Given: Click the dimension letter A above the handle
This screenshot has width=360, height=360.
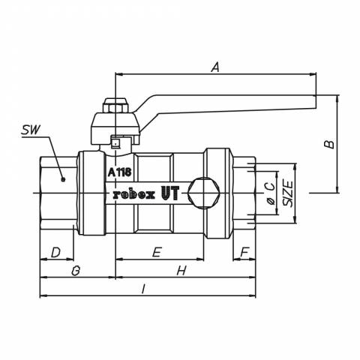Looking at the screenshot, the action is click(x=215, y=67).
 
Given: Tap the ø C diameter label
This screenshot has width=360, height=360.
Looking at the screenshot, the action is click(x=270, y=193).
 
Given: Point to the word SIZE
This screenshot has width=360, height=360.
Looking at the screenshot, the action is click(x=288, y=193).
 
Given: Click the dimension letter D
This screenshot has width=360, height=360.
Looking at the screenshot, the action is click(x=56, y=252).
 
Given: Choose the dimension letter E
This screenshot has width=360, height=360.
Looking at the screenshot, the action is click(x=157, y=252).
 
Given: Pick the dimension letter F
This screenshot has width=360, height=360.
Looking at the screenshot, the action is click(x=244, y=252).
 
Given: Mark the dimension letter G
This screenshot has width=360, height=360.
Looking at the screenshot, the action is click(x=76, y=271).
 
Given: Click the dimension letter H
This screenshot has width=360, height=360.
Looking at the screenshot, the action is click(x=181, y=271).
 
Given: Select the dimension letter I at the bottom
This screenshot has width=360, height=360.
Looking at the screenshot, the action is click(x=143, y=289).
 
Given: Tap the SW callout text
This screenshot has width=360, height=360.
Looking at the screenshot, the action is click(x=31, y=130).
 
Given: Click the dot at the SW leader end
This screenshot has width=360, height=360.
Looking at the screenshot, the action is click(x=63, y=179).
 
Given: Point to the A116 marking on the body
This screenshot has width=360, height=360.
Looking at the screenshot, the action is click(x=120, y=172).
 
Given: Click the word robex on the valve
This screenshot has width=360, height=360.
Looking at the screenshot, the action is click(x=134, y=195).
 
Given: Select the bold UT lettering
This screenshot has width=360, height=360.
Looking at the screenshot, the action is click(x=170, y=193).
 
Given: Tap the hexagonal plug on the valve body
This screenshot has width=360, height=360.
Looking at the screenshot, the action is click(x=204, y=193).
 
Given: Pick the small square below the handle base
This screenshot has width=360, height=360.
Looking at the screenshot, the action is click(x=115, y=143).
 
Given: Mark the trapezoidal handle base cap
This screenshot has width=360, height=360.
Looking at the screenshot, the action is click(x=115, y=129).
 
